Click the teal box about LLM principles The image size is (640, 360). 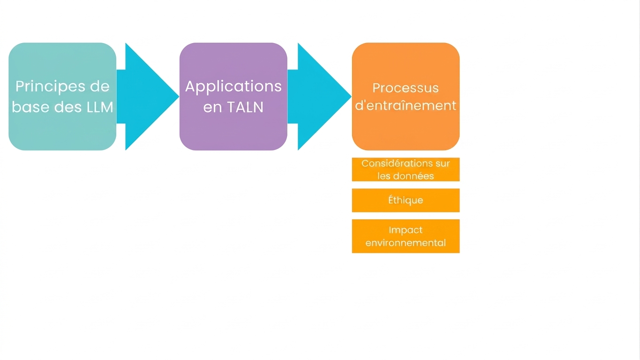click(x=62, y=97)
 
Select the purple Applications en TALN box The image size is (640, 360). click(x=233, y=97)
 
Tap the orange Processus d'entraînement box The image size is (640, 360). click(x=406, y=97)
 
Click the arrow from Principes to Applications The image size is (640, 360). click(x=148, y=97)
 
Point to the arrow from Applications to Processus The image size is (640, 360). click(x=319, y=97)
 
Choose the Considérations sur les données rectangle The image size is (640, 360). click(x=406, y=169)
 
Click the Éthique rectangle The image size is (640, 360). click(x=406, y=200)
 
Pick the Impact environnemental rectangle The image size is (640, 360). click(x=406, y=236)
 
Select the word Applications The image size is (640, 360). click(x=233, y=87)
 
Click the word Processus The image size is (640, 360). click(x=406, y=88)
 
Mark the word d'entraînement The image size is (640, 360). click(x=406, y=105)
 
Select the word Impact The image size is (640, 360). click(x=406, y=230)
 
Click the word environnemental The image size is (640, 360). click(x=406, y=243)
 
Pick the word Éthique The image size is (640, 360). click(x=406, y=200)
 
